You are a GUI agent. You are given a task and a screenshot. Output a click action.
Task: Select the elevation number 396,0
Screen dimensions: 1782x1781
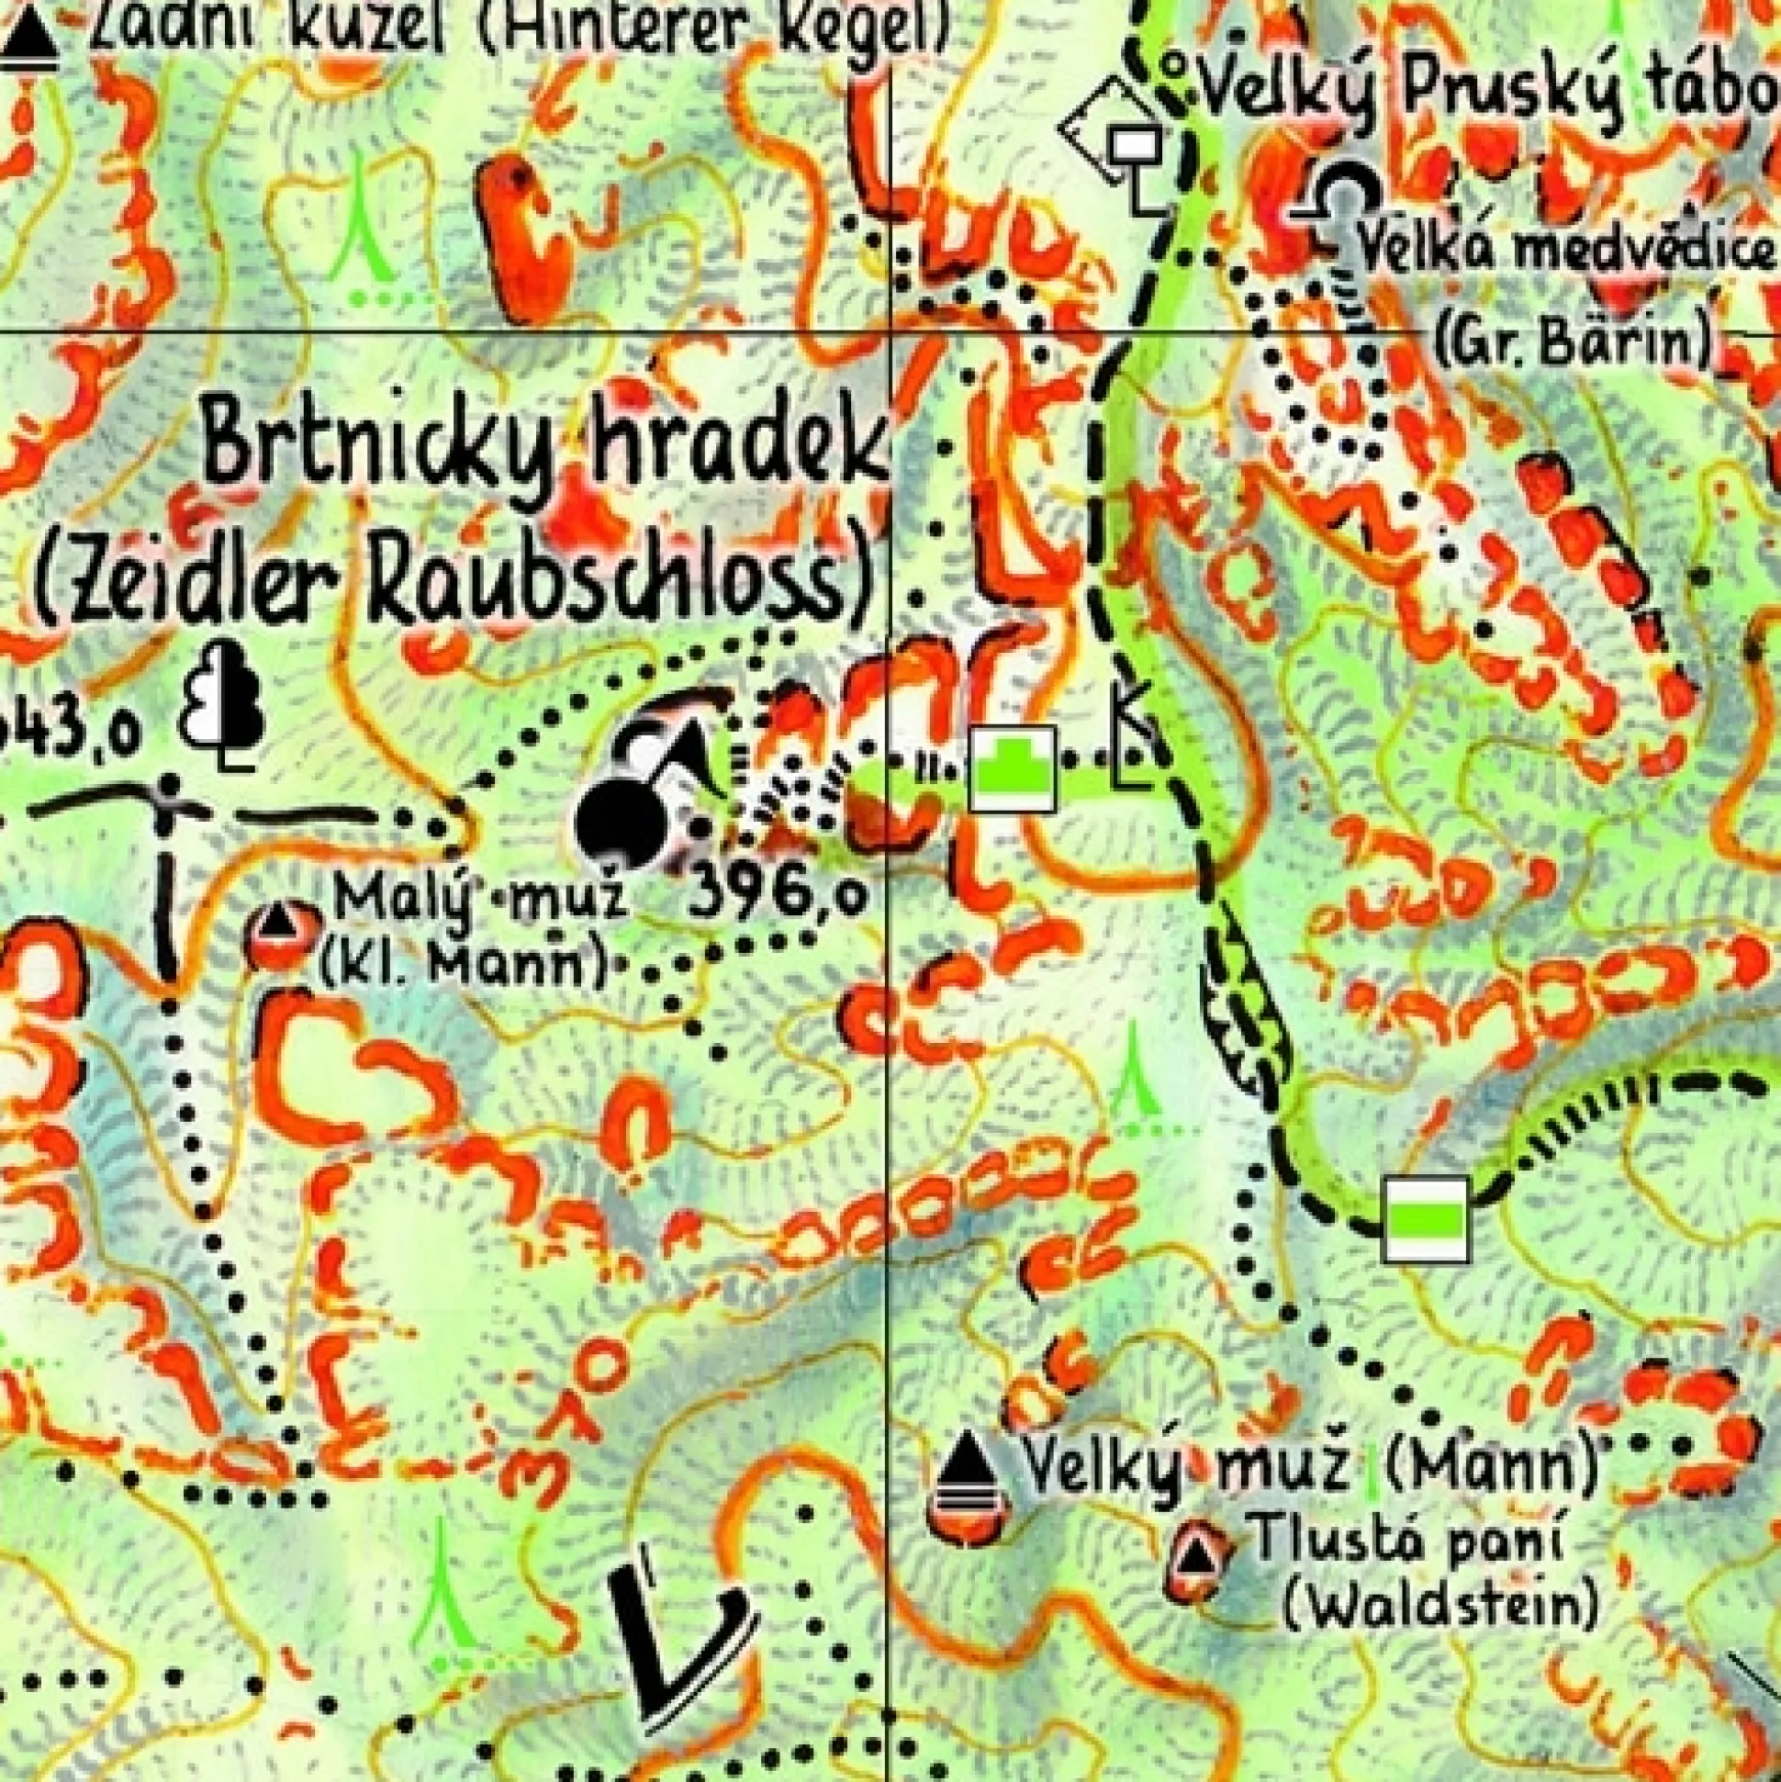(777, 893)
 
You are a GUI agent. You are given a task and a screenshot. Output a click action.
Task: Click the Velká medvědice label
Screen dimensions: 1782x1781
(1567, 250)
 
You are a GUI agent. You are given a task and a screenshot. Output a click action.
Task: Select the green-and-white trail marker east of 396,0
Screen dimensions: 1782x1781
(1012, 768)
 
